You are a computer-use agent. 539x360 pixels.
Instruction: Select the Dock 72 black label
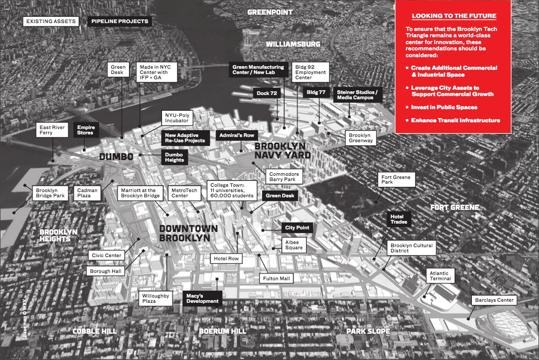(267, 93)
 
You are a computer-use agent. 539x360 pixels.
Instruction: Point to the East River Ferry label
(52, 130)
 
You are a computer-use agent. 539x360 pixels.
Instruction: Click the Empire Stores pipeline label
(85, 130)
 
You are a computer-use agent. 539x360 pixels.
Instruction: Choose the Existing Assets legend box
(50, 22)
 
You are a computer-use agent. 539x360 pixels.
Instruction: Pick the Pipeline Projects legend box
(120, 22)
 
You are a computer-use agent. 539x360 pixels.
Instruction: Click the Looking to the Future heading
(454, 16)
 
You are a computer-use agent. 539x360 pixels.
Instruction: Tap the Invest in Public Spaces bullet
(444, 107)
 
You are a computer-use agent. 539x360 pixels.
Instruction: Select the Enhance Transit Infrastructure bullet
(455, 121)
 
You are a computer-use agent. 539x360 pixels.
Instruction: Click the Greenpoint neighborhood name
(269, 12)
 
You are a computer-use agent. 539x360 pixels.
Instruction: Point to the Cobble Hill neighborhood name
(94, 331)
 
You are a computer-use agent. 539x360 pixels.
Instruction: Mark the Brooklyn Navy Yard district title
(282, 151)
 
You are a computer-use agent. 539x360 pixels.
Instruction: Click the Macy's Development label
(202, 299)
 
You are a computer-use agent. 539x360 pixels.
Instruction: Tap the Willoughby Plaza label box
(156, 299)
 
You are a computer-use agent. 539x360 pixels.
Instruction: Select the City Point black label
(297, 228)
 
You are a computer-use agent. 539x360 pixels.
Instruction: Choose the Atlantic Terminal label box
(439, 276)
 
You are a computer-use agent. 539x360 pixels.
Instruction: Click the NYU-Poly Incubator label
(176, 118)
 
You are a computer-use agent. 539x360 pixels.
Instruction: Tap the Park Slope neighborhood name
(368, 331)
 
